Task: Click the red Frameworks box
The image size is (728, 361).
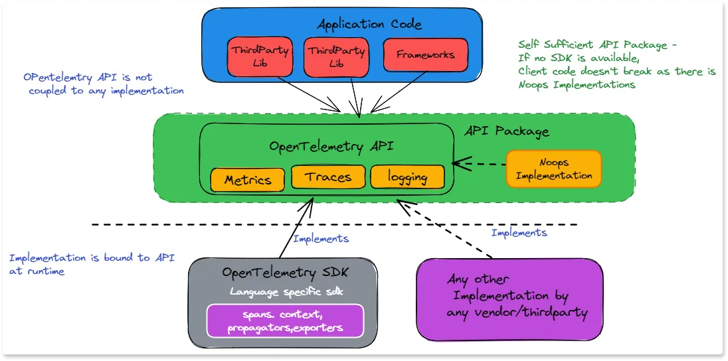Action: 426,55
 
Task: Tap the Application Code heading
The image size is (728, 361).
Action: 369,25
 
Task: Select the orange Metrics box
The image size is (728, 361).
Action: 248,179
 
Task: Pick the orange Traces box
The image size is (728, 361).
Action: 329,177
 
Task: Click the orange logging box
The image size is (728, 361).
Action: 407,177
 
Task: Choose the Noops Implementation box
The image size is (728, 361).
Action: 553,169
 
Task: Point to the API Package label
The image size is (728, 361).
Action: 507,131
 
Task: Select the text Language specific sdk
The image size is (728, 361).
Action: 282,291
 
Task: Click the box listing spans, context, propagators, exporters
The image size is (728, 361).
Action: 286,321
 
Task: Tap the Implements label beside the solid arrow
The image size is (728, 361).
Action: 320,238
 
